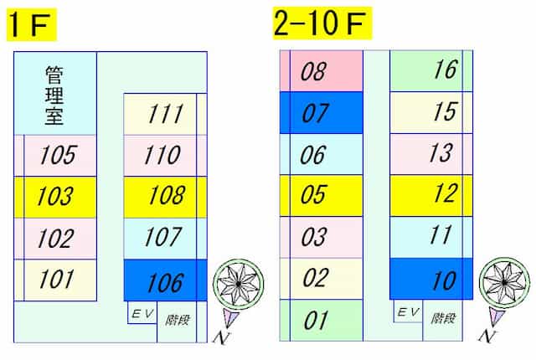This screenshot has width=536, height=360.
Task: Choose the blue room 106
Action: click(x=165, y=280)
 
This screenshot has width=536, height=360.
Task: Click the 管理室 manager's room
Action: click(x=55, y=93)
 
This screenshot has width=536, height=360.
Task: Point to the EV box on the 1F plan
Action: click(x=142, y=312)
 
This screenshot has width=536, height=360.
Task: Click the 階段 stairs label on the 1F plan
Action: click(x=177, y=321)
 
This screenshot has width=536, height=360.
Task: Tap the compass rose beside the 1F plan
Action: click(x=239, y=284)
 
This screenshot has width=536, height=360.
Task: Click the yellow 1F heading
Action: click(x=32, y=24)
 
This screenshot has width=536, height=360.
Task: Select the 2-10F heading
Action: click(x=322, y=23)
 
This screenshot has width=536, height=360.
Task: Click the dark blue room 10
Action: click(x=431, y=279)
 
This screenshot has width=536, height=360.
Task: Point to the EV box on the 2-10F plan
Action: click(x=408, y=311)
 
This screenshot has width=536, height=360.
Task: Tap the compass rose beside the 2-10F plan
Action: click(x=504, y=283)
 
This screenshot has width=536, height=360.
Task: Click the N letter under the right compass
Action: click(x=486, y=337)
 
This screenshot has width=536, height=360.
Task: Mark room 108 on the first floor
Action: click(x=165, y=197)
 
